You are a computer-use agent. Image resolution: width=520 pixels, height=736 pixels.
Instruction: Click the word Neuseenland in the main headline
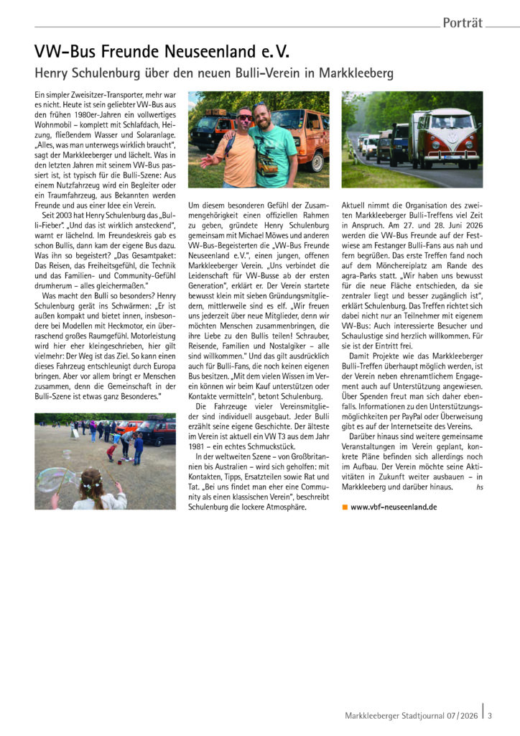(226, 52)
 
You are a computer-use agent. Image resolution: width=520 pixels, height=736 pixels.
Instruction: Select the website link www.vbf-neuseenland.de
(394, 507)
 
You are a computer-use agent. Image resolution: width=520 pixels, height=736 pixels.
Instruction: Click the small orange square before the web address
(345, 507)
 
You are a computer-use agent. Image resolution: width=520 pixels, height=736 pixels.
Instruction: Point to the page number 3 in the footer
(490, 714)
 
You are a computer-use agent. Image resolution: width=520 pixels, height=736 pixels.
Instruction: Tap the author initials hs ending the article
(479, 487)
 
